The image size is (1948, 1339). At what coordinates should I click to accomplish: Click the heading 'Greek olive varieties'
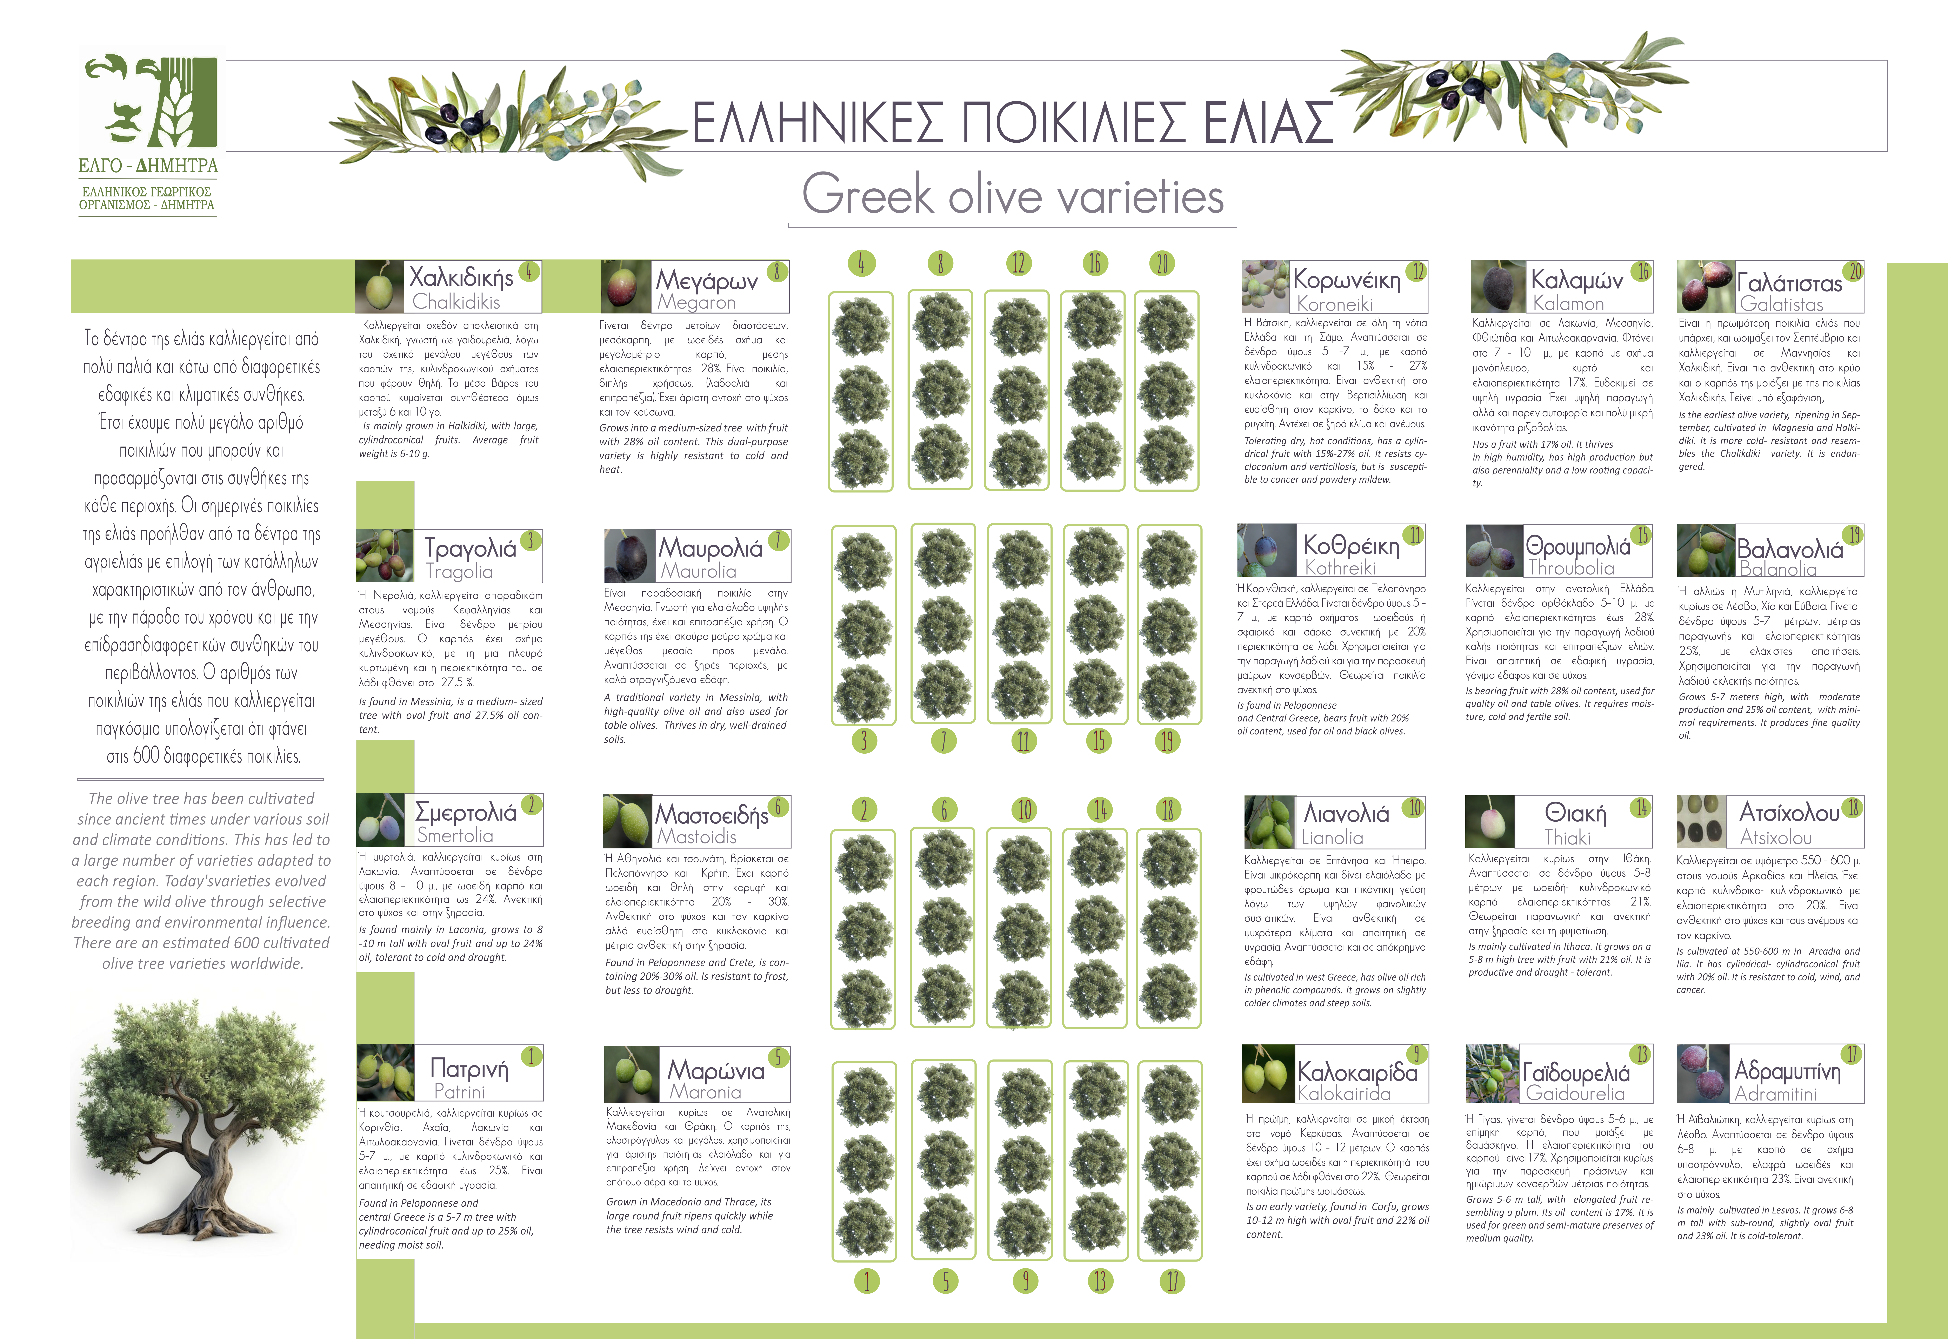[1013, 195]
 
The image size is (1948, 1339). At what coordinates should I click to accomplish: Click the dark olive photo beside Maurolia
[629, 554]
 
